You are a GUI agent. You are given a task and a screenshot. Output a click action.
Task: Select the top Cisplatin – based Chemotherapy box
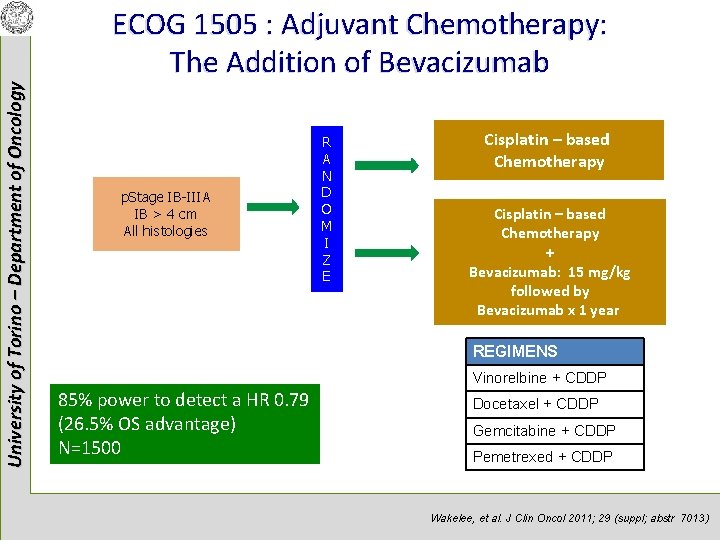pyautogui.click(x=548, y=150)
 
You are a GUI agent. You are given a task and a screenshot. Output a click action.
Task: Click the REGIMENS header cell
pyautogui.click(x=556, y=351)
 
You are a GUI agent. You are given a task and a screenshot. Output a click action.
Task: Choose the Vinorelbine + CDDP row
pyautogui.click(x=553, y=378)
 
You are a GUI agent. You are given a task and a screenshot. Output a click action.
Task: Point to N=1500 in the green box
pyautogui.click(x=90, y=447)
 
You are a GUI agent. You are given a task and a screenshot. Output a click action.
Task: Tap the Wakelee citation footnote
pyautogui.click(x=568, y=518)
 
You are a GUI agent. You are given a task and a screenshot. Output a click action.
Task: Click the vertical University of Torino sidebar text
pyautogui.click(x=13, y=270)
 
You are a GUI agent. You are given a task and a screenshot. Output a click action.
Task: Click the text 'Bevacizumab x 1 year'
pyautogui.click(x=548, y=310)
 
